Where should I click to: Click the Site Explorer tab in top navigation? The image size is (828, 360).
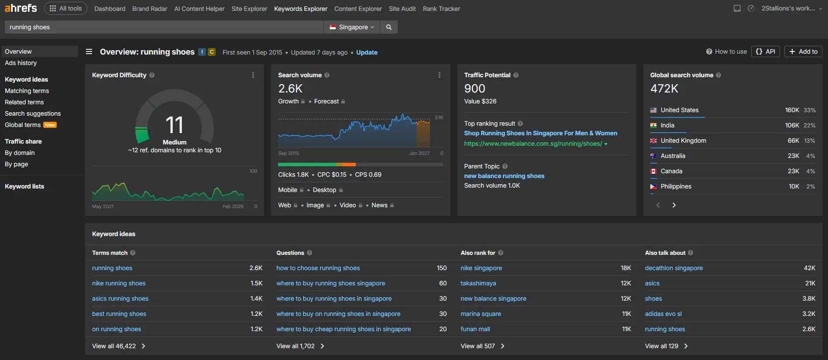click(x=249, y=9)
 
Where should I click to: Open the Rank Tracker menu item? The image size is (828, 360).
click(x=441, y=9)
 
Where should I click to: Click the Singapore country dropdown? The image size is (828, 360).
click(x=352, y=27)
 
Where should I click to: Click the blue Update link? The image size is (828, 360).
click(x=367, y=52)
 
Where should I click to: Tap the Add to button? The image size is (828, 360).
click(x=803, y=51)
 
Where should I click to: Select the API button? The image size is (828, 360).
click(x=766, y=51)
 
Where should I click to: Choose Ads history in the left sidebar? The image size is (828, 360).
click(x=21, y=63)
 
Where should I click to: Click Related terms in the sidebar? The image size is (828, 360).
click(x=24, y=102)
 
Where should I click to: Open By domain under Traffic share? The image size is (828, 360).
click(x=20, y=153)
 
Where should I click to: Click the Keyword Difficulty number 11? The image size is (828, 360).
click(x=175, y=125)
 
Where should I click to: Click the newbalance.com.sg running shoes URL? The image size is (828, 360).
click(x=533, y=144)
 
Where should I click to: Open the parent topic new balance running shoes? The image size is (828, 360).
click(x=504, y=176)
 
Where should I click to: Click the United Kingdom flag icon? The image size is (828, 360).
click(x=653, y=141)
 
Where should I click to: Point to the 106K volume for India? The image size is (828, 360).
click(x=792, y=125)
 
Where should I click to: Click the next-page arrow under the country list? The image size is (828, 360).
click(x=674, y=205)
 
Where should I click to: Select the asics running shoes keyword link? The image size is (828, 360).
click(x=120, y=298)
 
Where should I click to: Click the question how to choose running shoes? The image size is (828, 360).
click(x=318, y=268)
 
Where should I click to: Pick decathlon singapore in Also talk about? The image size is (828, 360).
click(x=674, y=268)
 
